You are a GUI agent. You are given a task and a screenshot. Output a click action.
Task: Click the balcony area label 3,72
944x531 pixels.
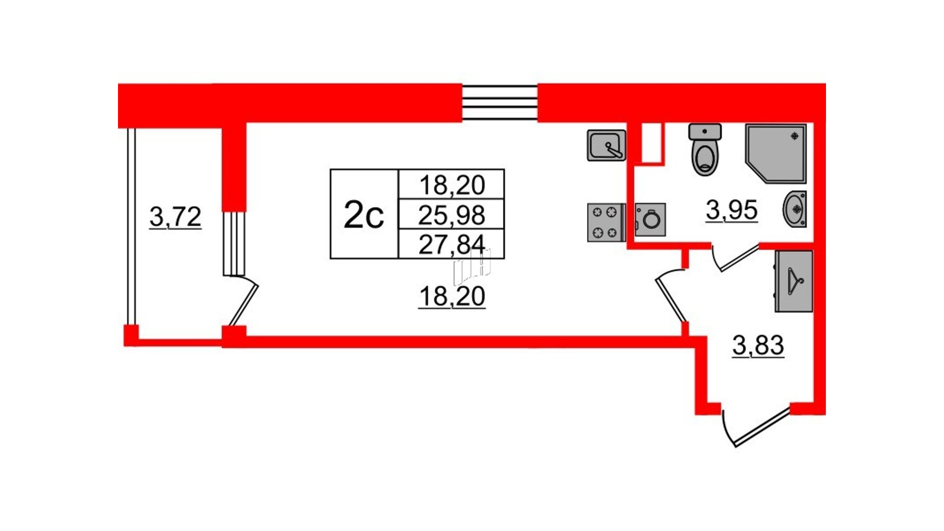tap(176, 217)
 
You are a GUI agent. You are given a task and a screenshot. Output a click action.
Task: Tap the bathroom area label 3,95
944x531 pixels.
tap(732, 210)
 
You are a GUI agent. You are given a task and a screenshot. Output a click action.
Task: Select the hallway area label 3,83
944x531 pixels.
tap(758, 345)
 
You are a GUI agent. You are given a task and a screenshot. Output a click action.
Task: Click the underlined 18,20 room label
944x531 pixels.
tap(452, 296)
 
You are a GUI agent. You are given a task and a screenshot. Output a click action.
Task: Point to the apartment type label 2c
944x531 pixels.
tap(364, 215)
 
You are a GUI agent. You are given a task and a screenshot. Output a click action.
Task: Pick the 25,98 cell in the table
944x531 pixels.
tap(451, 215)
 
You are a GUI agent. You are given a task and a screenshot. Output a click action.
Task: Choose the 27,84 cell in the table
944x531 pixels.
tap(451, 244)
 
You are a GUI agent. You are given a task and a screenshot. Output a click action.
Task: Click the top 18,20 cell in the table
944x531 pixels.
tap(451, 185)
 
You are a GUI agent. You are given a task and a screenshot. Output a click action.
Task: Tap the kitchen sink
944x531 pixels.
tap(606, 145)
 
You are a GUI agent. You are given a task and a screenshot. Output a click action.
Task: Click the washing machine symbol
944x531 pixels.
tap(650, 219)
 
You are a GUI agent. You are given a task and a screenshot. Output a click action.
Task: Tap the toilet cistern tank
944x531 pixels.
tap(705, 131)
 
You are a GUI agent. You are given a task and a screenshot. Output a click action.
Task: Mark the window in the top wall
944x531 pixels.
tap(500, 103)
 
